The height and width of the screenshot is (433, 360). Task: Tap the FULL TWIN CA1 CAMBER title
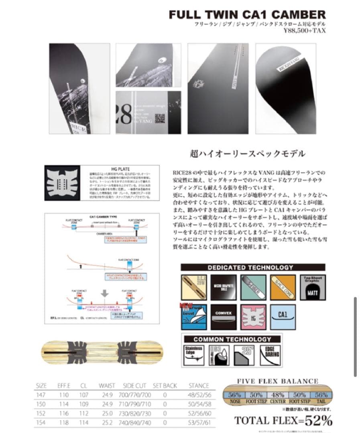tap(247, 14)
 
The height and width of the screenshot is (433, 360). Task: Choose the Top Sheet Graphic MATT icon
tap(312, 287)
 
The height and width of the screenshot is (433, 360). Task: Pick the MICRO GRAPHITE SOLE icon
tap(223, 287)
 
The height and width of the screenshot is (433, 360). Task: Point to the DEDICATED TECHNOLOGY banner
tap(253, 267)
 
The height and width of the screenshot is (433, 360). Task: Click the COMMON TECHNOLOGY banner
tap(232, 339)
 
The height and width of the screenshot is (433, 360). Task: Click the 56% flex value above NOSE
tap(235, 395)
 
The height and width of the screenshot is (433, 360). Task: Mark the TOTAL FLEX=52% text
tap(283, 421)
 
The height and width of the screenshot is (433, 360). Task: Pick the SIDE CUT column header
tap(134, 386)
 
